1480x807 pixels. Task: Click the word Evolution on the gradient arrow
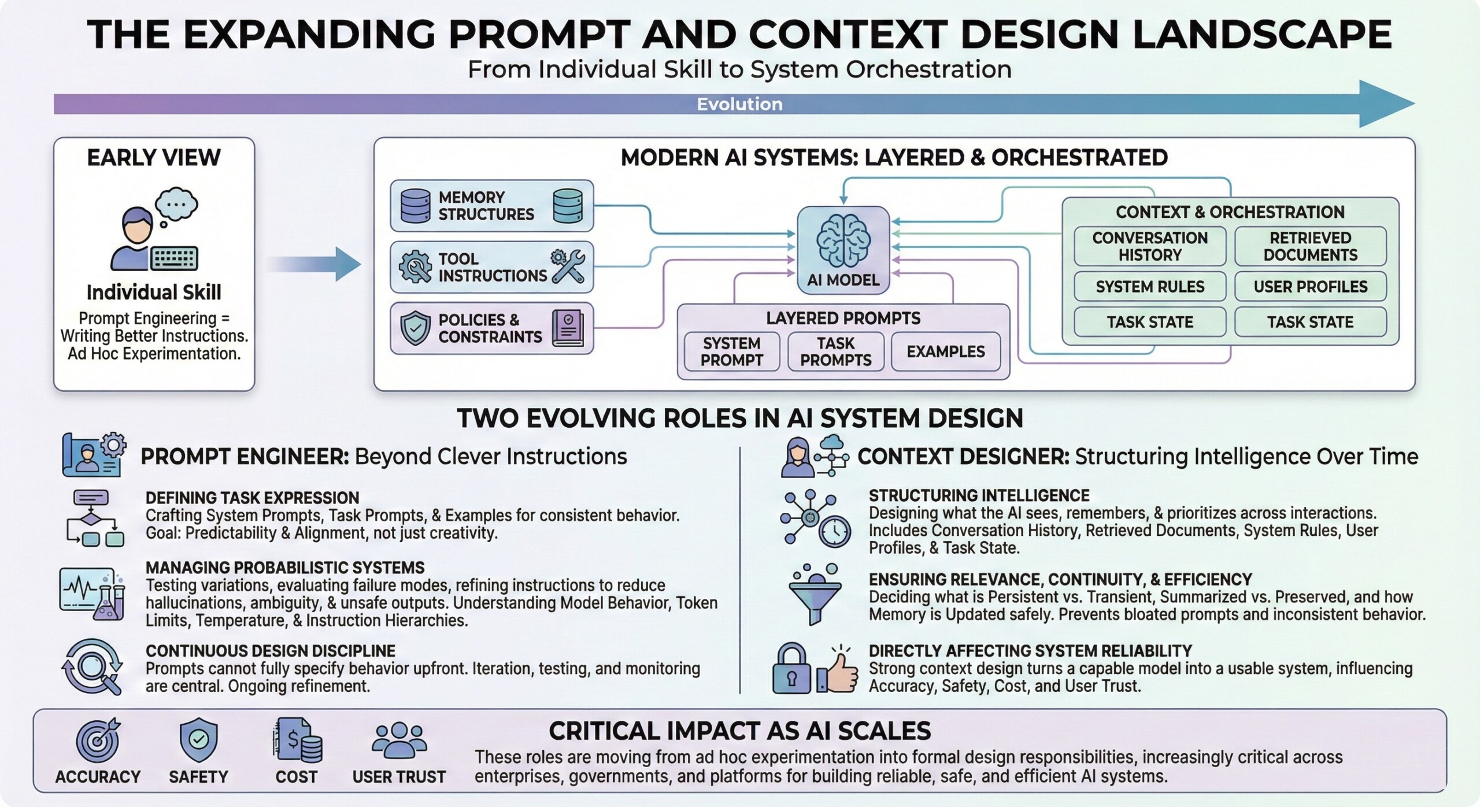(739, 104)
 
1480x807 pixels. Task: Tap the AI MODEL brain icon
(843, 240)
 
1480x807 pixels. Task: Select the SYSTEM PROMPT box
(731, 351)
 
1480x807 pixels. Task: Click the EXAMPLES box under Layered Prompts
(945, 351)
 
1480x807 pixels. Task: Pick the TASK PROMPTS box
(835, 351)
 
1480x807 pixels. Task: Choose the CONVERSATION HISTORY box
(1149, 246)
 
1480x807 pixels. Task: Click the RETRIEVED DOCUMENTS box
(1310, 246)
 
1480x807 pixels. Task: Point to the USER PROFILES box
(1310, 287)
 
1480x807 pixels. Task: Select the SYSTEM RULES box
(1149, 287)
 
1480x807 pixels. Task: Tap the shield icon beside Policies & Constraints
(415, 328)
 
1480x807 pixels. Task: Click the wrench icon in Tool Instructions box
(568, 266)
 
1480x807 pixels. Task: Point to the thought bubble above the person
(176, 205)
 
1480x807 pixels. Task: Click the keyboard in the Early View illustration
(174, 258)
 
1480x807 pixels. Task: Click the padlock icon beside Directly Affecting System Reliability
(791, 669)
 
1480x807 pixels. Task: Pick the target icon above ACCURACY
(98, 741)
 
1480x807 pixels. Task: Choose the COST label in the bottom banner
(296, 776)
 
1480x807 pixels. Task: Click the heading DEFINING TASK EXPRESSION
(252, 498)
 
